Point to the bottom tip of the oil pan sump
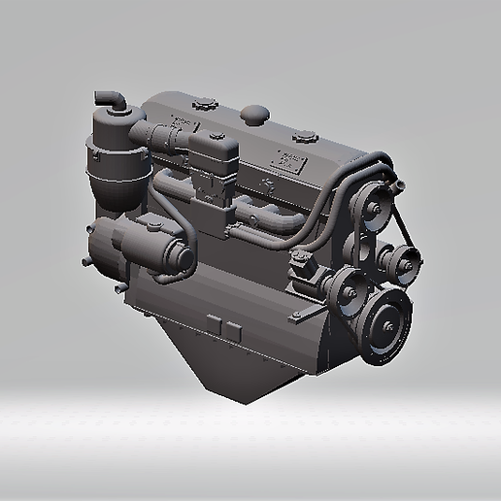(x=248, y=398)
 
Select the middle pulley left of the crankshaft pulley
(x=342, y=288)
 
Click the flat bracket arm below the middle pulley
(x=308, y=315)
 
